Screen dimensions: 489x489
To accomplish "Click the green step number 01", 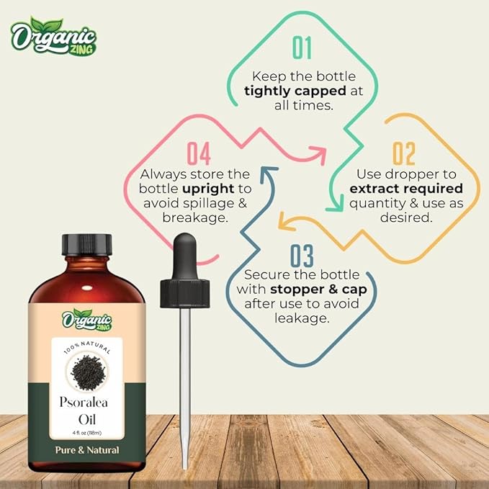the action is [302, 48].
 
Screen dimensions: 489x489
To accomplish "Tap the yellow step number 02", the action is [404, 153].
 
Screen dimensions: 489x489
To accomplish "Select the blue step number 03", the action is [302, 256].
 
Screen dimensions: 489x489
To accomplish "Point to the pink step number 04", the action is [199, 153].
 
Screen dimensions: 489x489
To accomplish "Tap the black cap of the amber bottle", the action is [86, 245].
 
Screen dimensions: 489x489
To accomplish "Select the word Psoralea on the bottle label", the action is [84, 403].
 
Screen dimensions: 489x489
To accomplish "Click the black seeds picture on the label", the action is [88, 372].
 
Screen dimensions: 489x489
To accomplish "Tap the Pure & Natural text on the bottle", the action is [87, 450].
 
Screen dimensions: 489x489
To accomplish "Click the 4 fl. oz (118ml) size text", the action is [87, 433].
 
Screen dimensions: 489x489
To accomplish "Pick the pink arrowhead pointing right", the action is [319, 155].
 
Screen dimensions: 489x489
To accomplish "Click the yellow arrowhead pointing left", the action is [286, 222].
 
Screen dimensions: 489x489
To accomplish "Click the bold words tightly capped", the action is [295, 91].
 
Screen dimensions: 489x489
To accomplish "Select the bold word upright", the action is [208, 189].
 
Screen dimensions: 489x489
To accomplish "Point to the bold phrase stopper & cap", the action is [319, 290].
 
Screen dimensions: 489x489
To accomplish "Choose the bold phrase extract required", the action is [406, 189].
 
